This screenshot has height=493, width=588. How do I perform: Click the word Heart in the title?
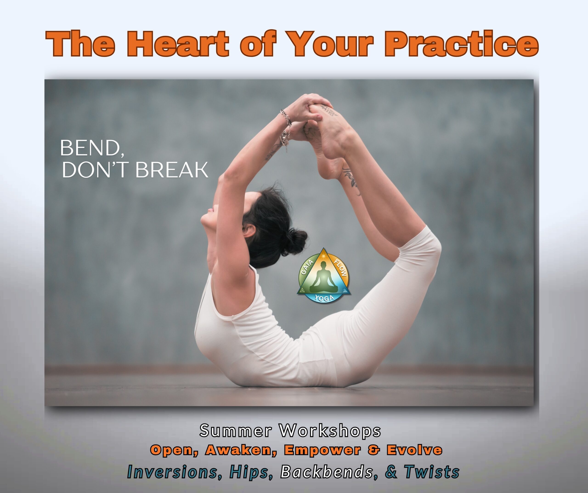(178, 43)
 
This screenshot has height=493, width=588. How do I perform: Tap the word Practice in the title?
(462, 43)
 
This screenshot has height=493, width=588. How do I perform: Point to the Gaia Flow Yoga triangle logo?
(324, 276)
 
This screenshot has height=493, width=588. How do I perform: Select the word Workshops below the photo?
(330, 431)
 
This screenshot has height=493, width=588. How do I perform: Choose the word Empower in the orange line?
(322, 450)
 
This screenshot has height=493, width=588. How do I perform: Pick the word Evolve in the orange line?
(414, 450)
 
